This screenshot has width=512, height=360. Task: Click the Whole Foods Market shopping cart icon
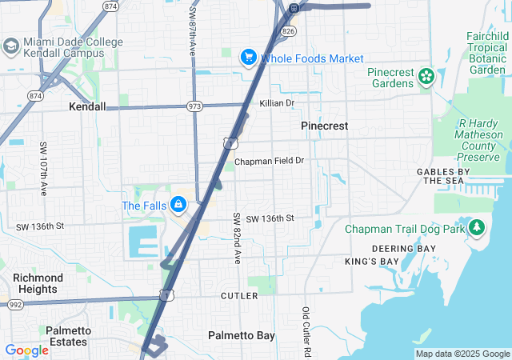pos(248,58)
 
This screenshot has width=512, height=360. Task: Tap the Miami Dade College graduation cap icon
pos(11,46)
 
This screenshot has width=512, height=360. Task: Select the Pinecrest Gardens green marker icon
pos(426,77)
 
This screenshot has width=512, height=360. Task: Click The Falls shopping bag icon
pos(177,206)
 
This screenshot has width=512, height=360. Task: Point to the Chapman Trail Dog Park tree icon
pos(477,229)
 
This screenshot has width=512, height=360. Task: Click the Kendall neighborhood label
pos(87,106)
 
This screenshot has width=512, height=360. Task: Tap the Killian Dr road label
pos(277,103)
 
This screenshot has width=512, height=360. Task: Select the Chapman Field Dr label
pos(270,161)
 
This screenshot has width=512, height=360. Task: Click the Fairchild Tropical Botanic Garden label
pos(487,53)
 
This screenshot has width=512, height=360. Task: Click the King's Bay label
pos(371,262)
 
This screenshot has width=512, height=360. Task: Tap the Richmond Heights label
pos(38,283)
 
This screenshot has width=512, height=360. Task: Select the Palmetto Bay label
pos(242,335)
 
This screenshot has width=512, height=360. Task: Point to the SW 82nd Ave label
pos(237,239)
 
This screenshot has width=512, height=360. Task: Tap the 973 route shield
pos(194,106)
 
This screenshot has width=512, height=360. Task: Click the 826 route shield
pos(288,30)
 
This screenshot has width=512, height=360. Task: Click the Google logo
pos(26,350)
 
